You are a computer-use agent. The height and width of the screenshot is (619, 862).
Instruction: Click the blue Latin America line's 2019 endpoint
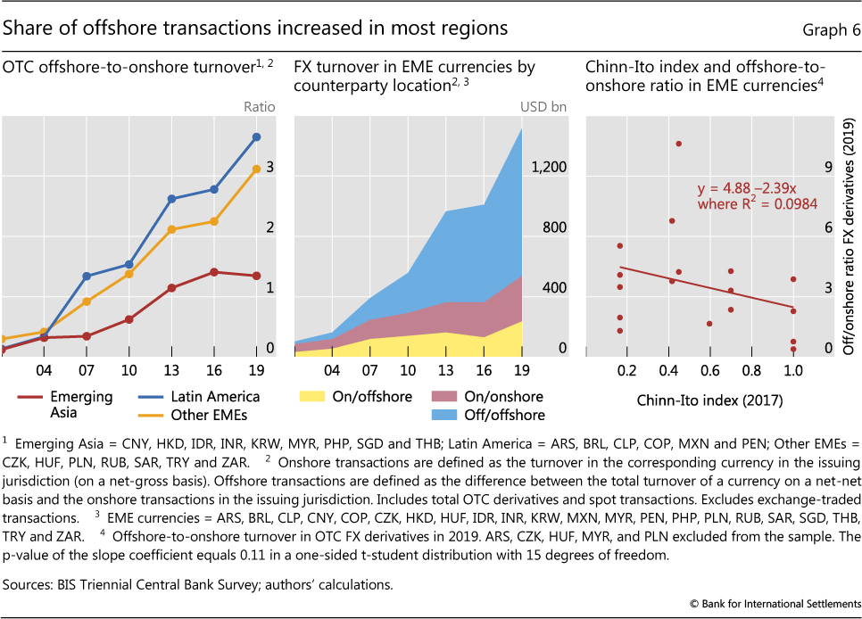[257, 136]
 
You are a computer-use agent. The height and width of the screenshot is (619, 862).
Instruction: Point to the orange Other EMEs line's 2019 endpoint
[257, 168]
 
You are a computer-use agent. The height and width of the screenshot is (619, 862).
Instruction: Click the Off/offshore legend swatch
[448, 414]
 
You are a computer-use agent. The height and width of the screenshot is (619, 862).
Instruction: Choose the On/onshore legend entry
[486, 396]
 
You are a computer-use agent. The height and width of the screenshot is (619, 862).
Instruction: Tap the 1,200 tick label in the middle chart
[550, 167]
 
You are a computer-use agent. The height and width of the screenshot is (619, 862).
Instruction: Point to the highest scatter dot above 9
[679, 144]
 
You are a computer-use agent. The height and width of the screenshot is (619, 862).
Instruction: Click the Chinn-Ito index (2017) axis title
[709, 400]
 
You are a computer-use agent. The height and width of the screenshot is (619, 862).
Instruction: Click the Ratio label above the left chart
[259, 107]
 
